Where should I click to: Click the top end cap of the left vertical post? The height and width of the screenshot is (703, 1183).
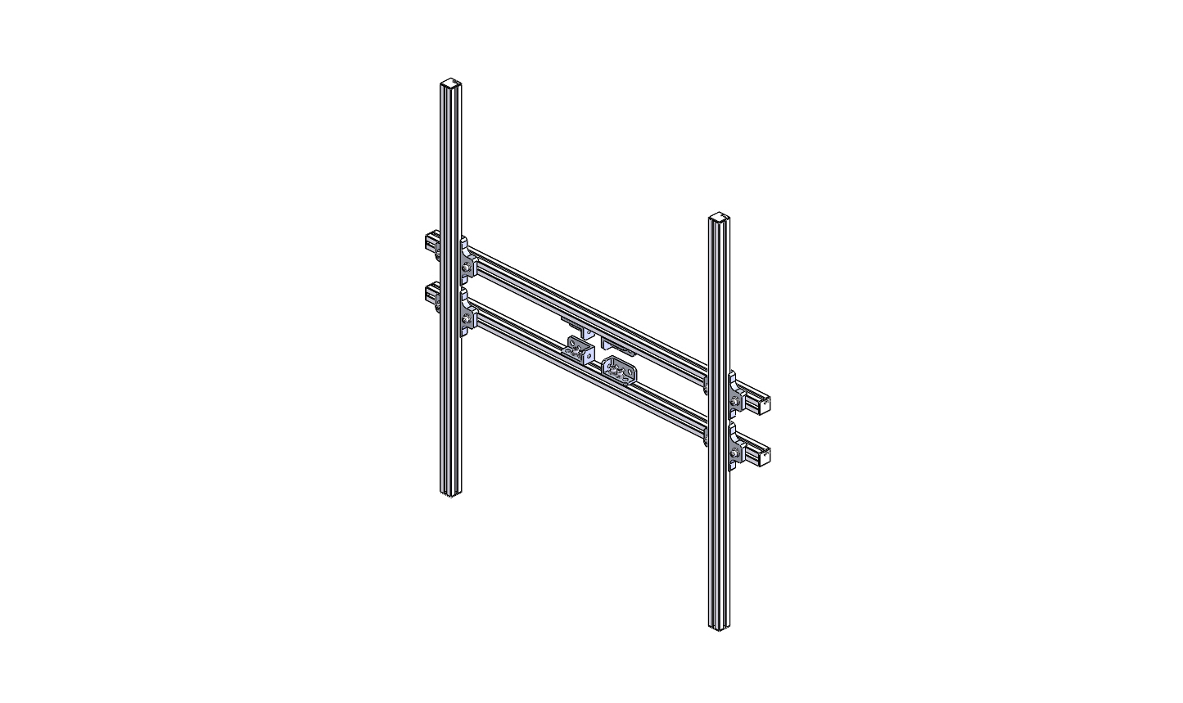coord(449,83)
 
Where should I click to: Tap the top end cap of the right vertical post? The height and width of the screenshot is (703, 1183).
coord(718,218)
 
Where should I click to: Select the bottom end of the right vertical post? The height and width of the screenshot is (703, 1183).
coord(718,625)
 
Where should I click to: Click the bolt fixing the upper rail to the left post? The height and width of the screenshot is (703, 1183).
coord(467,268)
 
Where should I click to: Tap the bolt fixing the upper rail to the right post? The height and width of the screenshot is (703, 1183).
coord(735,400)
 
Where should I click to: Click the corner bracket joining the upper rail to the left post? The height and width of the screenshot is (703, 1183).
coord(467,260)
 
